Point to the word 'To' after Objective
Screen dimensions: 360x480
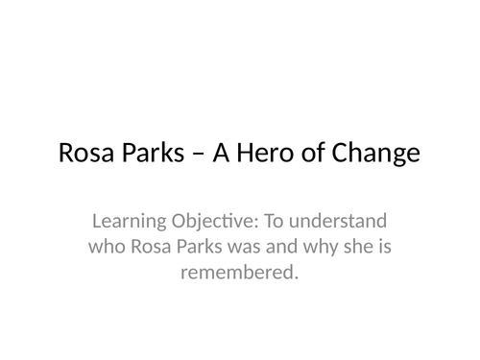pyautogui.click(x=276, y=224)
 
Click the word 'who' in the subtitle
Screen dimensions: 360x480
pyautogui.click(x=108, y=248)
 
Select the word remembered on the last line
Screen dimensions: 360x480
pyautogui.click(x=239, y=273)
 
